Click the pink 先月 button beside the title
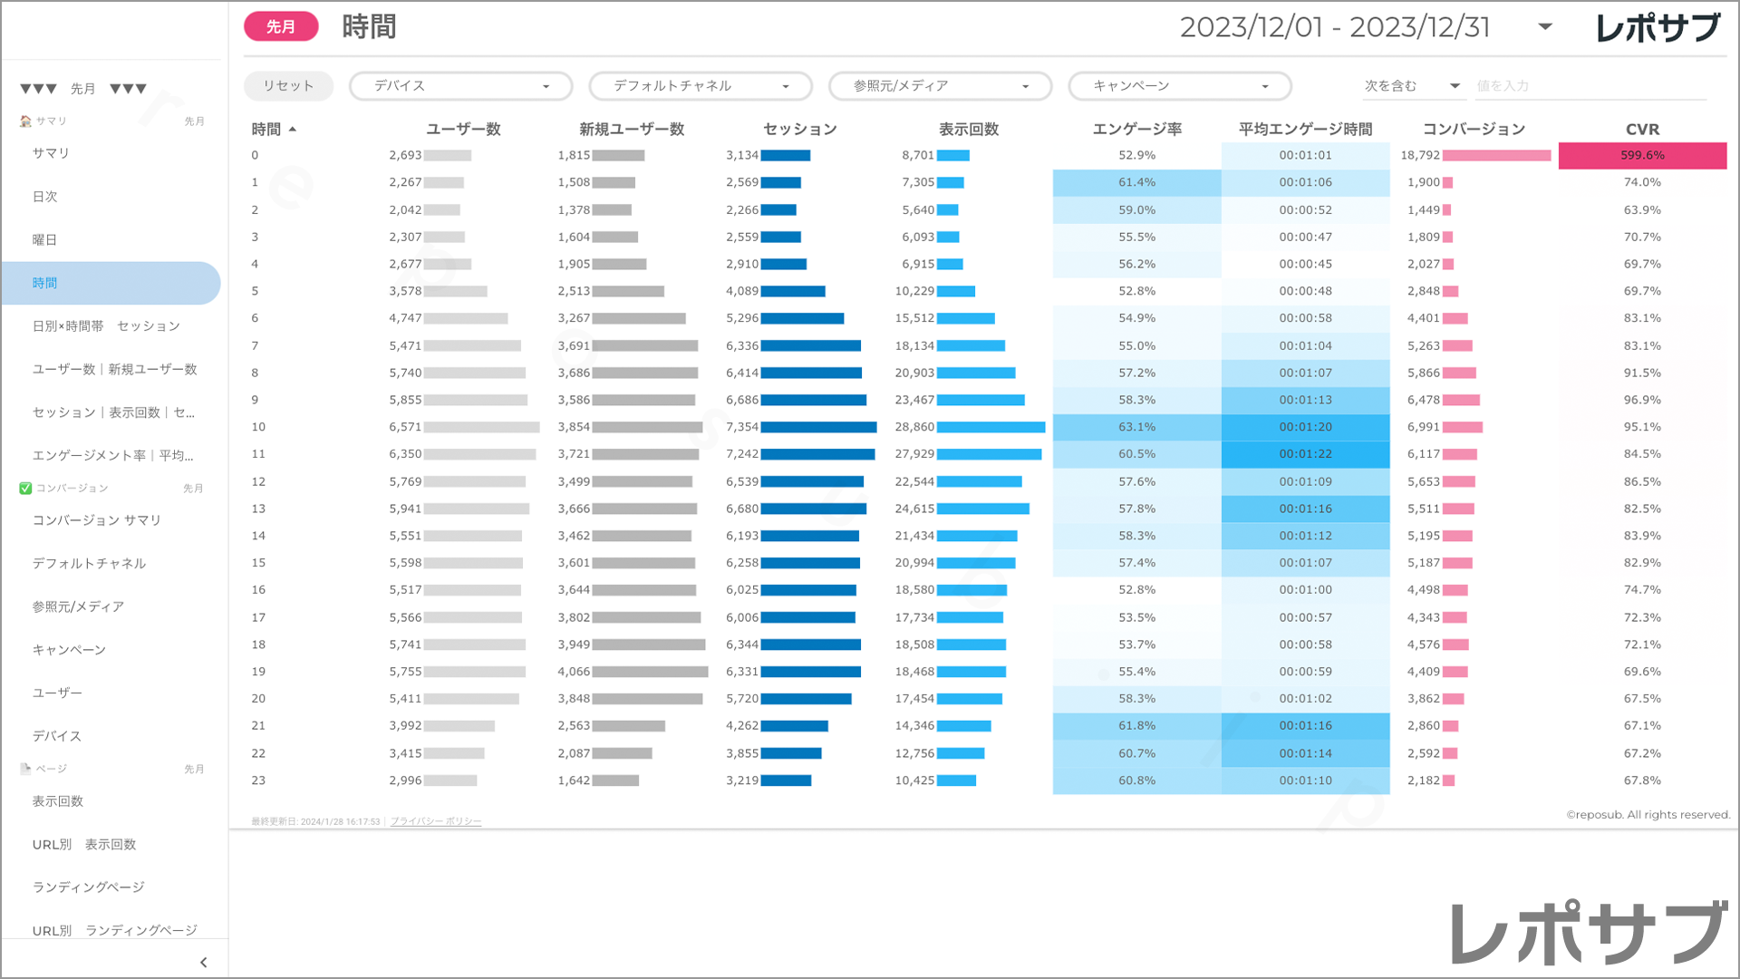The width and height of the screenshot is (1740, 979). [281, 27]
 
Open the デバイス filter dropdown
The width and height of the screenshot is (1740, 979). [460, 86]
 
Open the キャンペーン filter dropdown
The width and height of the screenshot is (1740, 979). [1180, 86]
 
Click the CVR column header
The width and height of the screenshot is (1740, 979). [1642, 130]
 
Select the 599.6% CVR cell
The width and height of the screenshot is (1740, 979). [1642, 156]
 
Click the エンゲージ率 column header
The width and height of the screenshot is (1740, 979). [1136, 130]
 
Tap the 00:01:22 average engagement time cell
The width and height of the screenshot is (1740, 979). [1305, 454]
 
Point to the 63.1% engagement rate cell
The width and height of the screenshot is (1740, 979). [1136, 427]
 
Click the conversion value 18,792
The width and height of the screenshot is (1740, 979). [1420, 156]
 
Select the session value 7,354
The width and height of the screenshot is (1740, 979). [742, 427]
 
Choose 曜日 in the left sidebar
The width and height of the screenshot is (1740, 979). [45, 240]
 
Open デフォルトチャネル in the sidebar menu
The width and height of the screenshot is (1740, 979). [89, 564]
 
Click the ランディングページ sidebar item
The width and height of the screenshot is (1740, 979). [89, 887]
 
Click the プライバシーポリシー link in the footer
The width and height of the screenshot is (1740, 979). [436, 822]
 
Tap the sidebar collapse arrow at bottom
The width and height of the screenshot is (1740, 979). [203, 963]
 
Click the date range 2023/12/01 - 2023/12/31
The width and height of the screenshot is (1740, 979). [1335, 27]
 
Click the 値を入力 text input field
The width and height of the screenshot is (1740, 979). [1590, 86]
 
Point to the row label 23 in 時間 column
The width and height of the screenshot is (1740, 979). [258, 780]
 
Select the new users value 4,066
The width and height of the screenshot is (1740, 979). [574, 672]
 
